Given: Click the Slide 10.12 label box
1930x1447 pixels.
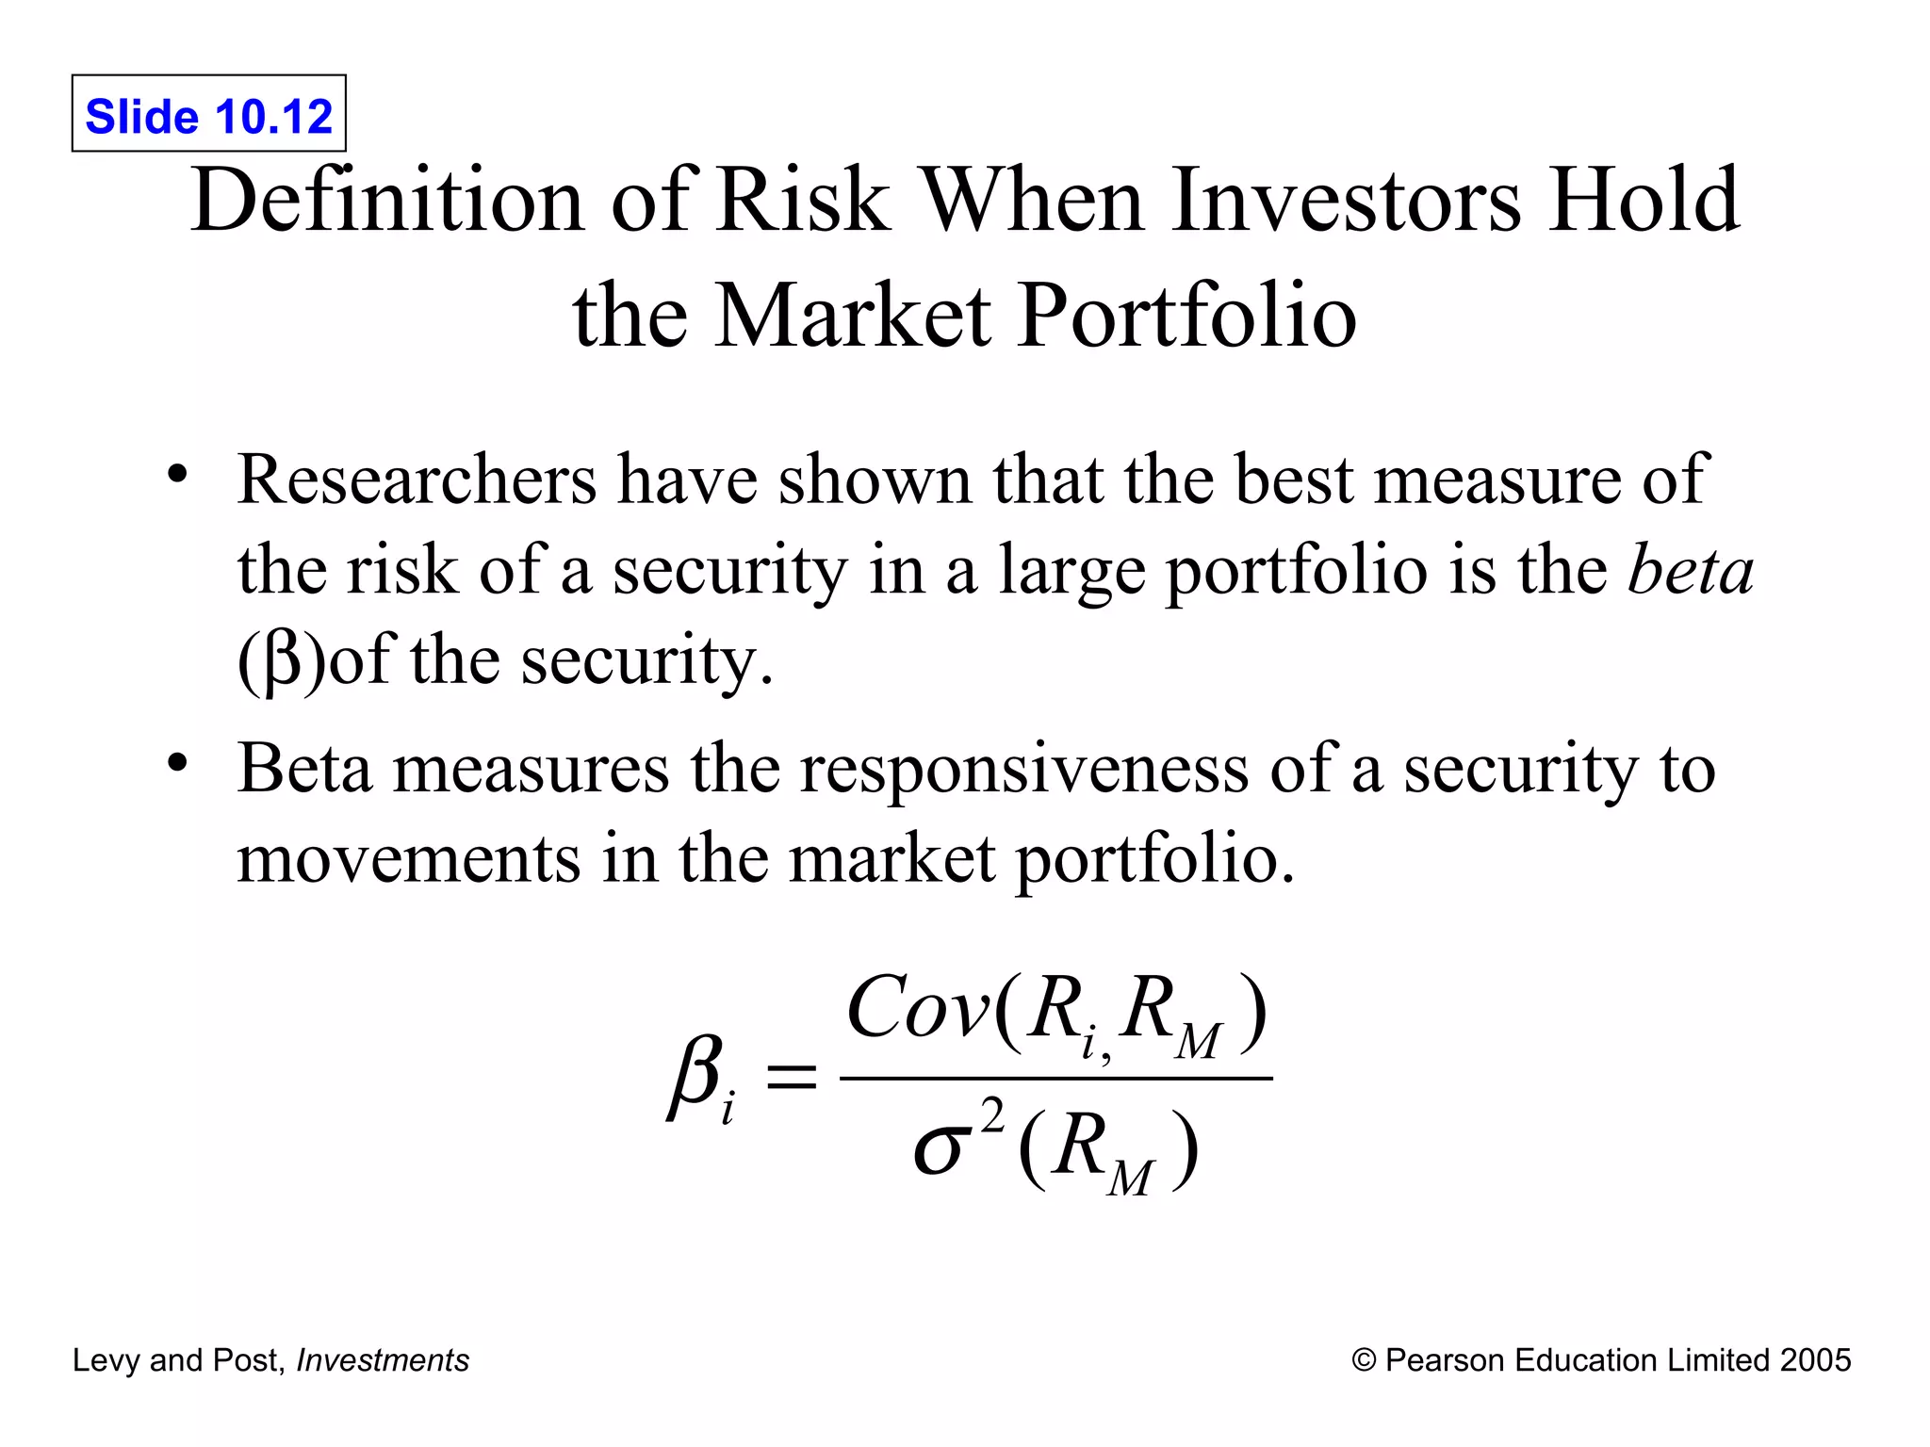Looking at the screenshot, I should [x=208, y=114].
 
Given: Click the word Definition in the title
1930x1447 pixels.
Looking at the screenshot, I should [x=386, y=201].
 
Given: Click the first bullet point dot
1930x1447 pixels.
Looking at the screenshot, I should [x=177, y=474].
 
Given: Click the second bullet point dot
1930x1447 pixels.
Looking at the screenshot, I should [x=177, y=762].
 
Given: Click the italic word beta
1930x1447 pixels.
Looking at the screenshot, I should [x=1691, y=570].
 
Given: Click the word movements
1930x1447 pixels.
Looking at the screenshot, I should [x=408, y=859].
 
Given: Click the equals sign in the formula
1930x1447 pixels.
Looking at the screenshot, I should [x=790, y=1076].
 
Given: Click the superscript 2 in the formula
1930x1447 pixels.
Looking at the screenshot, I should [x=991, y=1117].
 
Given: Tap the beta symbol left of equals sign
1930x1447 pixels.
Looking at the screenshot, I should [x=695, y=1076].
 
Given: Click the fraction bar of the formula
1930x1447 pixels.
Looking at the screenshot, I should [x=1055, y=1079].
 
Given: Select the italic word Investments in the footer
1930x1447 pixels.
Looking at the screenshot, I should [x=383, y=1360].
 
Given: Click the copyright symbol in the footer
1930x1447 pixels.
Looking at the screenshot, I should [x=1363, y=1360].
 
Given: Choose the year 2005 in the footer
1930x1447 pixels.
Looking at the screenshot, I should [x=1815, y=1360].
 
